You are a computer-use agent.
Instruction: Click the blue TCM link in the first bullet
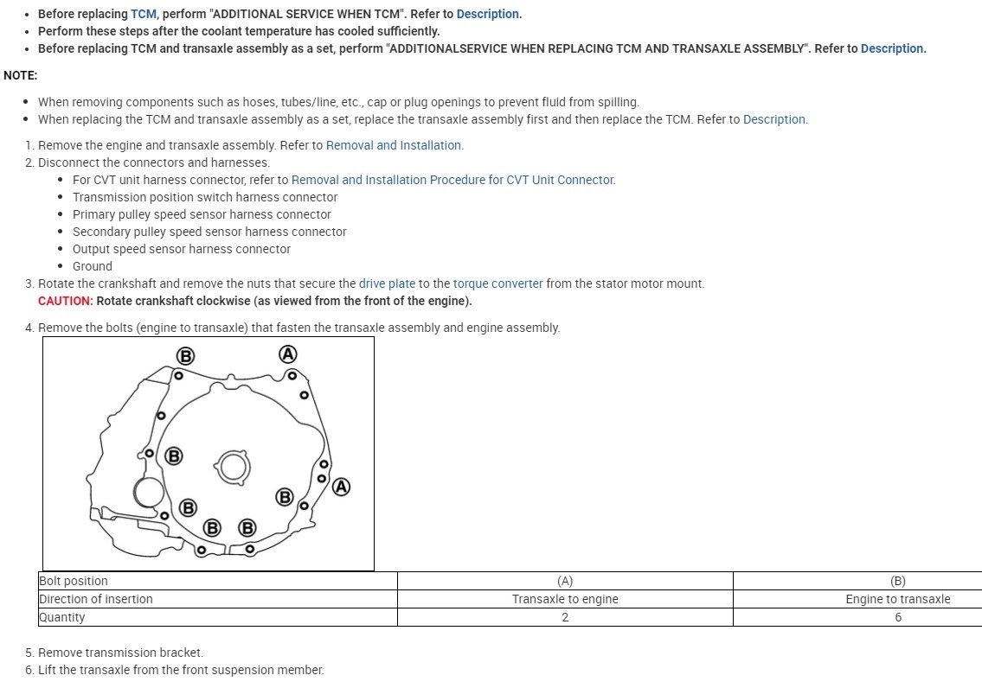143,14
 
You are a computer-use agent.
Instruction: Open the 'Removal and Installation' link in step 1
394,145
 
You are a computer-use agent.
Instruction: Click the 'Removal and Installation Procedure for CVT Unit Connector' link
452,180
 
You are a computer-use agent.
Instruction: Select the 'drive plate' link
387,283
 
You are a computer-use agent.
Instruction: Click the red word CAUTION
65,301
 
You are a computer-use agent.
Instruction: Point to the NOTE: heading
20,75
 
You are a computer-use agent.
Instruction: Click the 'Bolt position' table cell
74,581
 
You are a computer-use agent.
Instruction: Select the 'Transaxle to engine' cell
565,599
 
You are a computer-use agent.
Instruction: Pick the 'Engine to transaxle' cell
897,599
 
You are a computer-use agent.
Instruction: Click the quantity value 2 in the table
565,617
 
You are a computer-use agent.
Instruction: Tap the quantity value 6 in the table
897,617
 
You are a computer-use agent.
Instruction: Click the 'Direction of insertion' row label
95,599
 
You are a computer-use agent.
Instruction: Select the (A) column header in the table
565,581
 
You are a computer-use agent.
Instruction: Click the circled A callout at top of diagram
288,354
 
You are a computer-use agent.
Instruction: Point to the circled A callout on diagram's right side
342,487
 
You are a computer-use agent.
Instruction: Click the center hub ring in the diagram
232,467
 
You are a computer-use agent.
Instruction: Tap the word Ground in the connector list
93,266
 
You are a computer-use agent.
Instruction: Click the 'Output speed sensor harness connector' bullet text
182,249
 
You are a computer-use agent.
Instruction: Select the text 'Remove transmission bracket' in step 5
120,653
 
